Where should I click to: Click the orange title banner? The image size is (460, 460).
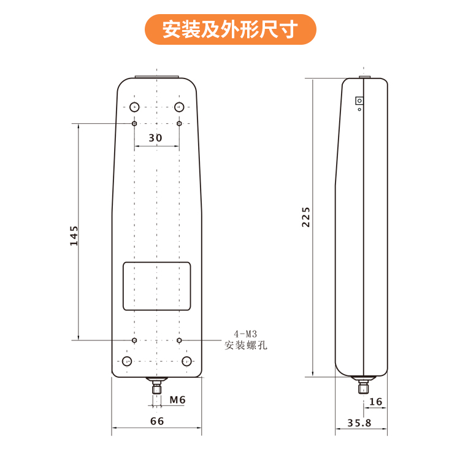pos(230,29)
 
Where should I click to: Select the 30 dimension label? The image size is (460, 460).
pos(155,138)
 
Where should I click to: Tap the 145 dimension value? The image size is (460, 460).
pos(74,236)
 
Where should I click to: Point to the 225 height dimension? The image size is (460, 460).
pos(306,217)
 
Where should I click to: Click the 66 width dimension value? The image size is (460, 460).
pos(157,421)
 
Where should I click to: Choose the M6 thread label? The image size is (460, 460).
pos(177,399)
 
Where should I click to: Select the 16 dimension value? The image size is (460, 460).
pos(376,402)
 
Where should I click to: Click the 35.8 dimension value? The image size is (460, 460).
pos(359,423)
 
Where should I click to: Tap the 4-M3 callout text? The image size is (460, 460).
pos(245,334)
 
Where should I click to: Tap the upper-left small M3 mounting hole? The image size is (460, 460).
pos(134,123)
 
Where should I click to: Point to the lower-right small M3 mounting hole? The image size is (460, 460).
pos(179,340)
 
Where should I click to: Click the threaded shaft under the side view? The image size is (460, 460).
pos(364,386)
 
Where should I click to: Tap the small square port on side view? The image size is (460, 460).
pos(359,101)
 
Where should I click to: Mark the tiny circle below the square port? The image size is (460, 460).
pos(359,109)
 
